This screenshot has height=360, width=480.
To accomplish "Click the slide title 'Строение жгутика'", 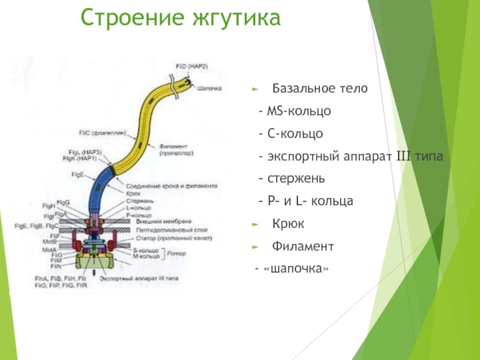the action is (181, 19).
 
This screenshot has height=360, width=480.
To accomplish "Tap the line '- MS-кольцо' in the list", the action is (294, 112).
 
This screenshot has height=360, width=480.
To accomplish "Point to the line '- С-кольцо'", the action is (291, 134).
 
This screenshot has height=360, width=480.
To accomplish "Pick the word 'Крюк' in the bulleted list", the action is (289, 224).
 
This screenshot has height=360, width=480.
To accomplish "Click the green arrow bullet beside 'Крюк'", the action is (256, 224).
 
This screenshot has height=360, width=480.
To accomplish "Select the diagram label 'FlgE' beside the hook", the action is (77, 173).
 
